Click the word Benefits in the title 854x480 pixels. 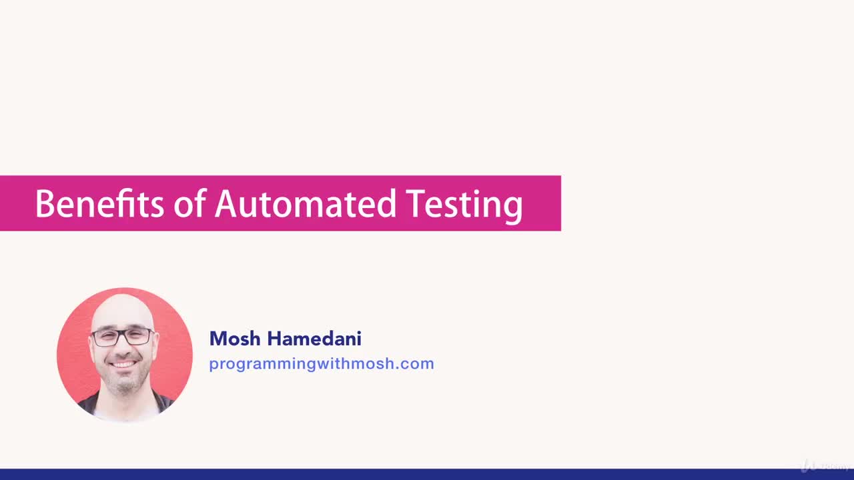(x=99, y=204)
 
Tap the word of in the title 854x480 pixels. (x=189, y=204)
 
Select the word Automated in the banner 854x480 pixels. (x=305, y=204)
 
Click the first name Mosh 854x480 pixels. (x=235, y=339)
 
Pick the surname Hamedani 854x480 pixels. (x=314, y=339)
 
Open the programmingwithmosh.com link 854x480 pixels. (x=321, y=364)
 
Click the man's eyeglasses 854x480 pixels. (x=123, y=337)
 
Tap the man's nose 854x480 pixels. (x=123, y=348)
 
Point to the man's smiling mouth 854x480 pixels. (x=124, y=365)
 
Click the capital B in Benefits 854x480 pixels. (x=43, y=204)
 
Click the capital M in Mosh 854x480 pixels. (x=218, y=339)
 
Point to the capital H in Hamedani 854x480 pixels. (x=274, y=339)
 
